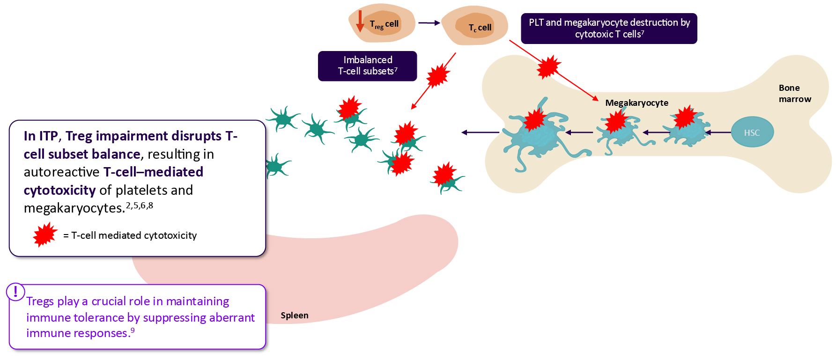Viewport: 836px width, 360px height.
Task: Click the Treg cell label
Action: (384, 24)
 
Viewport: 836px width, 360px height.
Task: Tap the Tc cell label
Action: (480, 28)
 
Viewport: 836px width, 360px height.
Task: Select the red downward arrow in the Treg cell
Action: (360, 21)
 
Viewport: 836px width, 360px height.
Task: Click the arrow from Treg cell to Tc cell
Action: (429, 22)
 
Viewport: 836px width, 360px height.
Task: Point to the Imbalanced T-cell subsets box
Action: (367, 66)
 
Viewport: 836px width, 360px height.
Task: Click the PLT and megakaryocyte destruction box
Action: (609, 29)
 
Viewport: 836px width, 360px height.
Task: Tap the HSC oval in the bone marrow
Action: (752, 132)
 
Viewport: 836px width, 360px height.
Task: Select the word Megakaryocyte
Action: (636, 103)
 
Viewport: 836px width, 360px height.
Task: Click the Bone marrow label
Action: (794, 94)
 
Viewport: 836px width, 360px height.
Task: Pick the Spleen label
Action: (294, 316)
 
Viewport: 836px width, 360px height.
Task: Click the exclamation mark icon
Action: (15, 292)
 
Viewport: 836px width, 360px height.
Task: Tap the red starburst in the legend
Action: (45, 235)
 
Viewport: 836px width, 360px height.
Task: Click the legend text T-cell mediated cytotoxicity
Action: (133, 235)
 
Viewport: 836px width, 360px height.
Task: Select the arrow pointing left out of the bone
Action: (480, 132)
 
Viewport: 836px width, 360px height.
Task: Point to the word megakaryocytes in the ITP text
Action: (74, 208)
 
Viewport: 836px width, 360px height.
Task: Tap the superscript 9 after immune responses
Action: (133, 331)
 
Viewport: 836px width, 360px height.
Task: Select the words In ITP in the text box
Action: (41, 136)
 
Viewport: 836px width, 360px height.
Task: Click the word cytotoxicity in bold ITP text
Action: (59, 191)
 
